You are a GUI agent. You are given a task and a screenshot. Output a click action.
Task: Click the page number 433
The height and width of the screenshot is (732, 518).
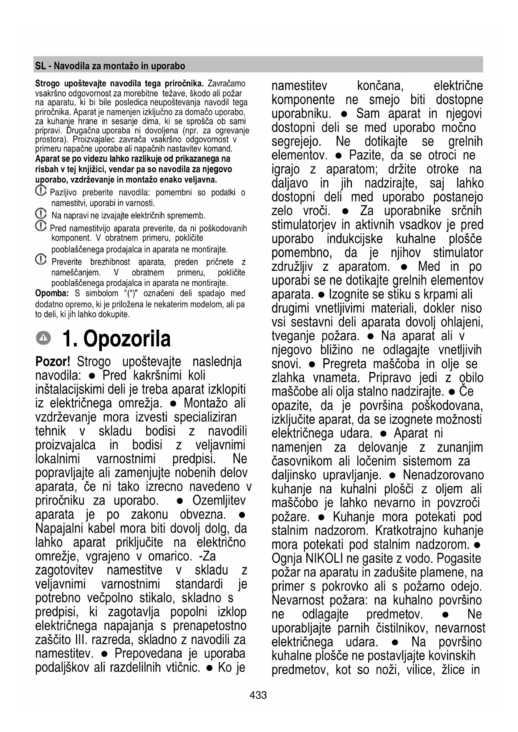pos(258,695)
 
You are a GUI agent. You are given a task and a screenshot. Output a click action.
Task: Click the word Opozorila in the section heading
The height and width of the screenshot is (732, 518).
pos(127,338)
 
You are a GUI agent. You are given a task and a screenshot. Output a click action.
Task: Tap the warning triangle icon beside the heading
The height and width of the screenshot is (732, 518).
pos(43,338)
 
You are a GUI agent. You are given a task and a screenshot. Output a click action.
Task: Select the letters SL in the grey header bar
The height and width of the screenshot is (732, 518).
pos(40,66)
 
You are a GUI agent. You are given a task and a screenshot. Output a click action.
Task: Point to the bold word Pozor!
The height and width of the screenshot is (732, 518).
pos(53,361)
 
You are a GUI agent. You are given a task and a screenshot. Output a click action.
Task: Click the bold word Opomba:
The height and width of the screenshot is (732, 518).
pos(52,293)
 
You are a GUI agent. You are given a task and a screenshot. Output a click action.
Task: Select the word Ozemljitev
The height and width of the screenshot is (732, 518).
pos(219,500)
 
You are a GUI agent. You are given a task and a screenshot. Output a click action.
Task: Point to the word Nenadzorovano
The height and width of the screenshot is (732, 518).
pos(443,475)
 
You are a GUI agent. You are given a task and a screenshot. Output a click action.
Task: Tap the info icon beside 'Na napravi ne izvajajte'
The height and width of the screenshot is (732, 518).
pos(40,214)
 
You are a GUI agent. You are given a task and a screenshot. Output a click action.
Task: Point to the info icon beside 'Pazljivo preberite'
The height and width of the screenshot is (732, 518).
pos(40,191)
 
